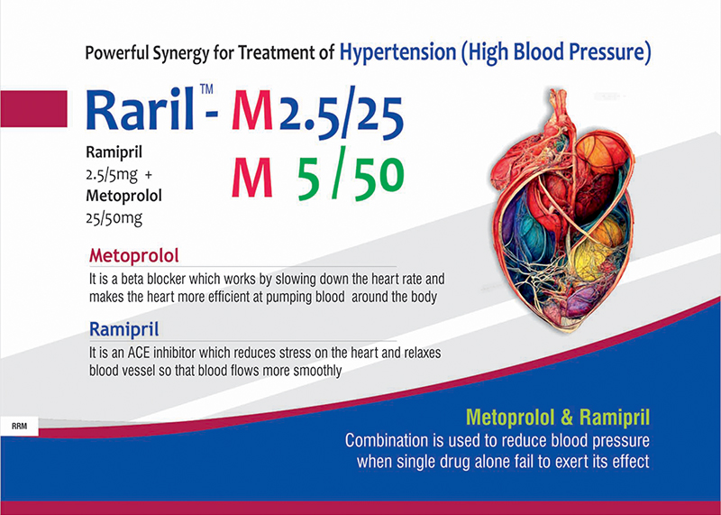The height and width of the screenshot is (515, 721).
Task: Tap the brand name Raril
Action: pos(140,109)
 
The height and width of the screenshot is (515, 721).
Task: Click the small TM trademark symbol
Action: pos(206,88)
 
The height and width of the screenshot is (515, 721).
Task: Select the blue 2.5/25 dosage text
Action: pos(342,114)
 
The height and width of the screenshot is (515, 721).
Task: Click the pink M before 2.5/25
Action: pos(252,111)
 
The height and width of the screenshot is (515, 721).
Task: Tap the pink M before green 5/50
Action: pos(252,178)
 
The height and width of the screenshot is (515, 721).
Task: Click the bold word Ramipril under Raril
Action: pos(114,152)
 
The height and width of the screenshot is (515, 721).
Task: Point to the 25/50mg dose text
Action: pos(114,217)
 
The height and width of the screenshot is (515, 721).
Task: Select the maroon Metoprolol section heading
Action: pos(133,256)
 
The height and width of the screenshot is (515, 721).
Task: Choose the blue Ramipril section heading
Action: pos(124,329)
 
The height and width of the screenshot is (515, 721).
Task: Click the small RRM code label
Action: pos(19,427)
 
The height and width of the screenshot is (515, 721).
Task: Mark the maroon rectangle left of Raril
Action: pos(33,108)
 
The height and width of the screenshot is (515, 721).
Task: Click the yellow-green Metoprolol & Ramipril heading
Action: pos(558,418)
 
